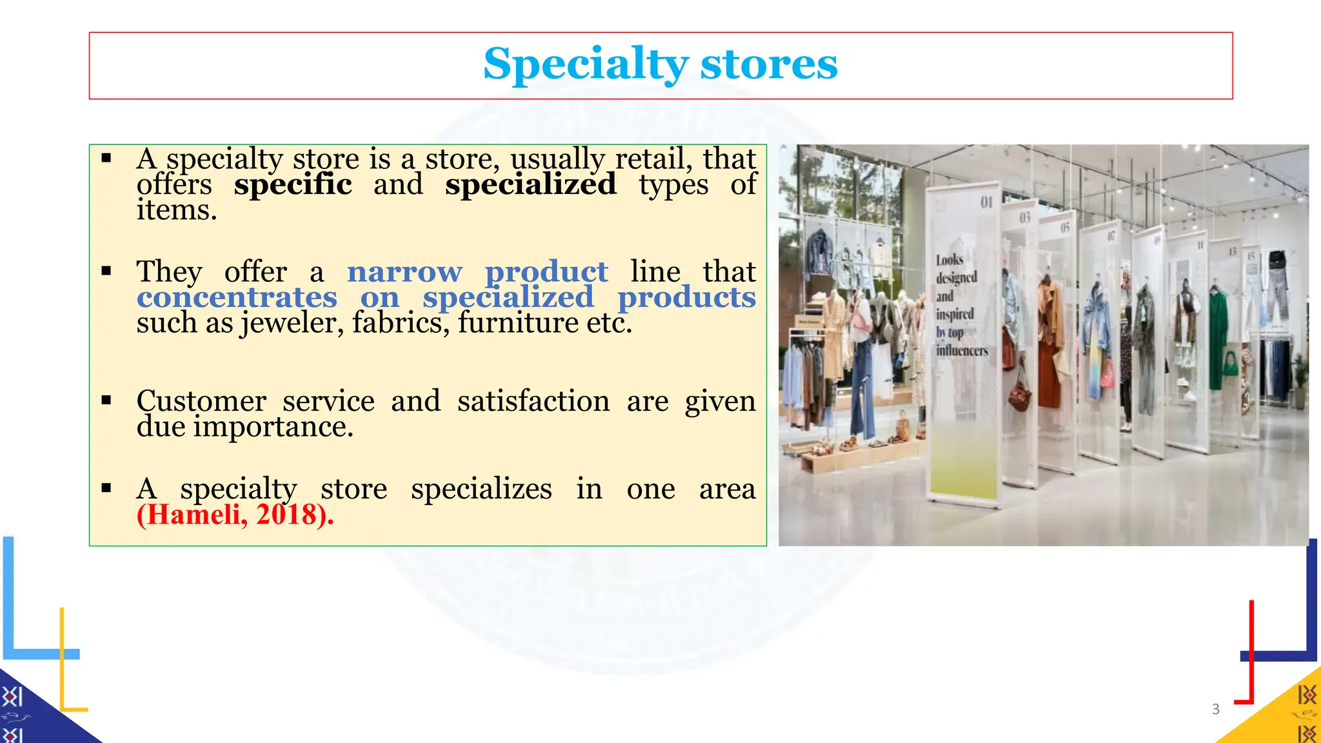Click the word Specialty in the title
pos(586,64)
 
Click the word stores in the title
pos(769,64)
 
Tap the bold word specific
pos(293,184)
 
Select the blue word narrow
pos(404,272)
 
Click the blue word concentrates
pos(237,297)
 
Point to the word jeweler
pos(292,323)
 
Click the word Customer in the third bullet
pos(201,401)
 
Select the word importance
pos(273,427)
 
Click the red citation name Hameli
pos(194,515)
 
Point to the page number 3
pos(1216,709)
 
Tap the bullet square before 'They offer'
pos(106,271)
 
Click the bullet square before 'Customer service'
pos(106,401)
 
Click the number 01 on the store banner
pos(986,203)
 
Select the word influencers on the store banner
pos(962,351)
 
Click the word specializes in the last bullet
pos(481,489)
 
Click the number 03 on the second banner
pos(1025,218)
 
